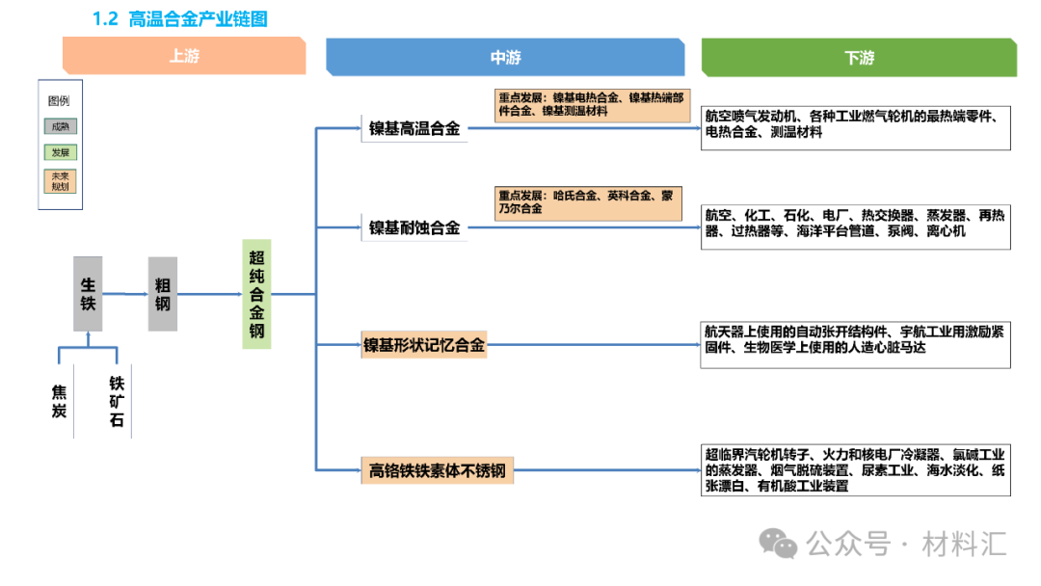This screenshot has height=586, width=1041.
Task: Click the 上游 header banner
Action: pyautogui.click(x=184, y=57)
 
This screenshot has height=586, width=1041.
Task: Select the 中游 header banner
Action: pyautogui.click(x=505, y=58)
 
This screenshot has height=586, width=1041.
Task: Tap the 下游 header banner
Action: pyautogui.click(x=859, y=58)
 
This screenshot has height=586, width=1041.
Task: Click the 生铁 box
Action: pyautogui.click(x=88, y=293)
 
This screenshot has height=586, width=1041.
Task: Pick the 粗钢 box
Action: pyautogui.click(x=163, y=293)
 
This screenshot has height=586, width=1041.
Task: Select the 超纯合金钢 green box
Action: pyautogui.click(x=256, y=294)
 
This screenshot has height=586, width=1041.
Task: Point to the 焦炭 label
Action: pyautogui.click(x=60, y=401)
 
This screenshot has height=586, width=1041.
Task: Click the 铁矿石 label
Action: pyautogui.click(x=117, y=401)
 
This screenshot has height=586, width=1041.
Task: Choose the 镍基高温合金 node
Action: pyautogui.click(x=414, y=128)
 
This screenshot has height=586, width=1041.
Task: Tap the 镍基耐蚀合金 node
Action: pyautogui.click(x=414, y=228)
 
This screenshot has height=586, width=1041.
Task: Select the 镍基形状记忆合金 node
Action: pyautogui.click(x=424, y=344)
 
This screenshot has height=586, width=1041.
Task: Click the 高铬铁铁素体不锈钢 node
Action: pyautogui.click(x=437, y=471)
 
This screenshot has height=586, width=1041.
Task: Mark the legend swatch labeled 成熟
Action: pyautogui.click(x=60, y=126)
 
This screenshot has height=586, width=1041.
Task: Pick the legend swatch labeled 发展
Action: pyautogui.click(x=60, y=152)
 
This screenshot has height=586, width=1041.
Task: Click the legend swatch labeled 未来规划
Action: pyautogui.click(x=60, y=180)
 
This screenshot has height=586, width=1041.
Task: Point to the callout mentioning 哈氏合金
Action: pyautogui.click(x=587, y=201)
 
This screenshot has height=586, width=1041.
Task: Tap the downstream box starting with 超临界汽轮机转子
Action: pyautogui.click(x=856, y=470)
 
